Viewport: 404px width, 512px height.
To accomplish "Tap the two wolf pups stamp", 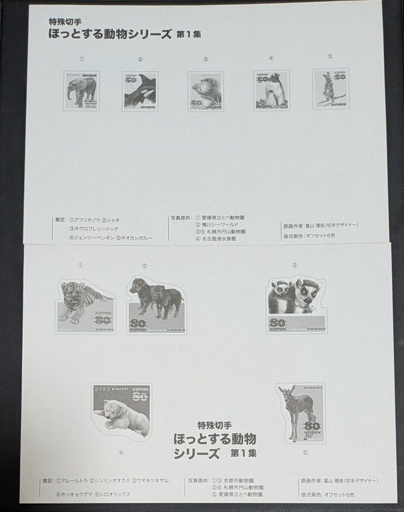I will coord(156,305).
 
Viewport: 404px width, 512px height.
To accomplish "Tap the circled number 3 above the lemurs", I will coord(294,265).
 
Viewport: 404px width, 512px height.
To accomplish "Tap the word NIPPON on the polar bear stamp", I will coord(137,389).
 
